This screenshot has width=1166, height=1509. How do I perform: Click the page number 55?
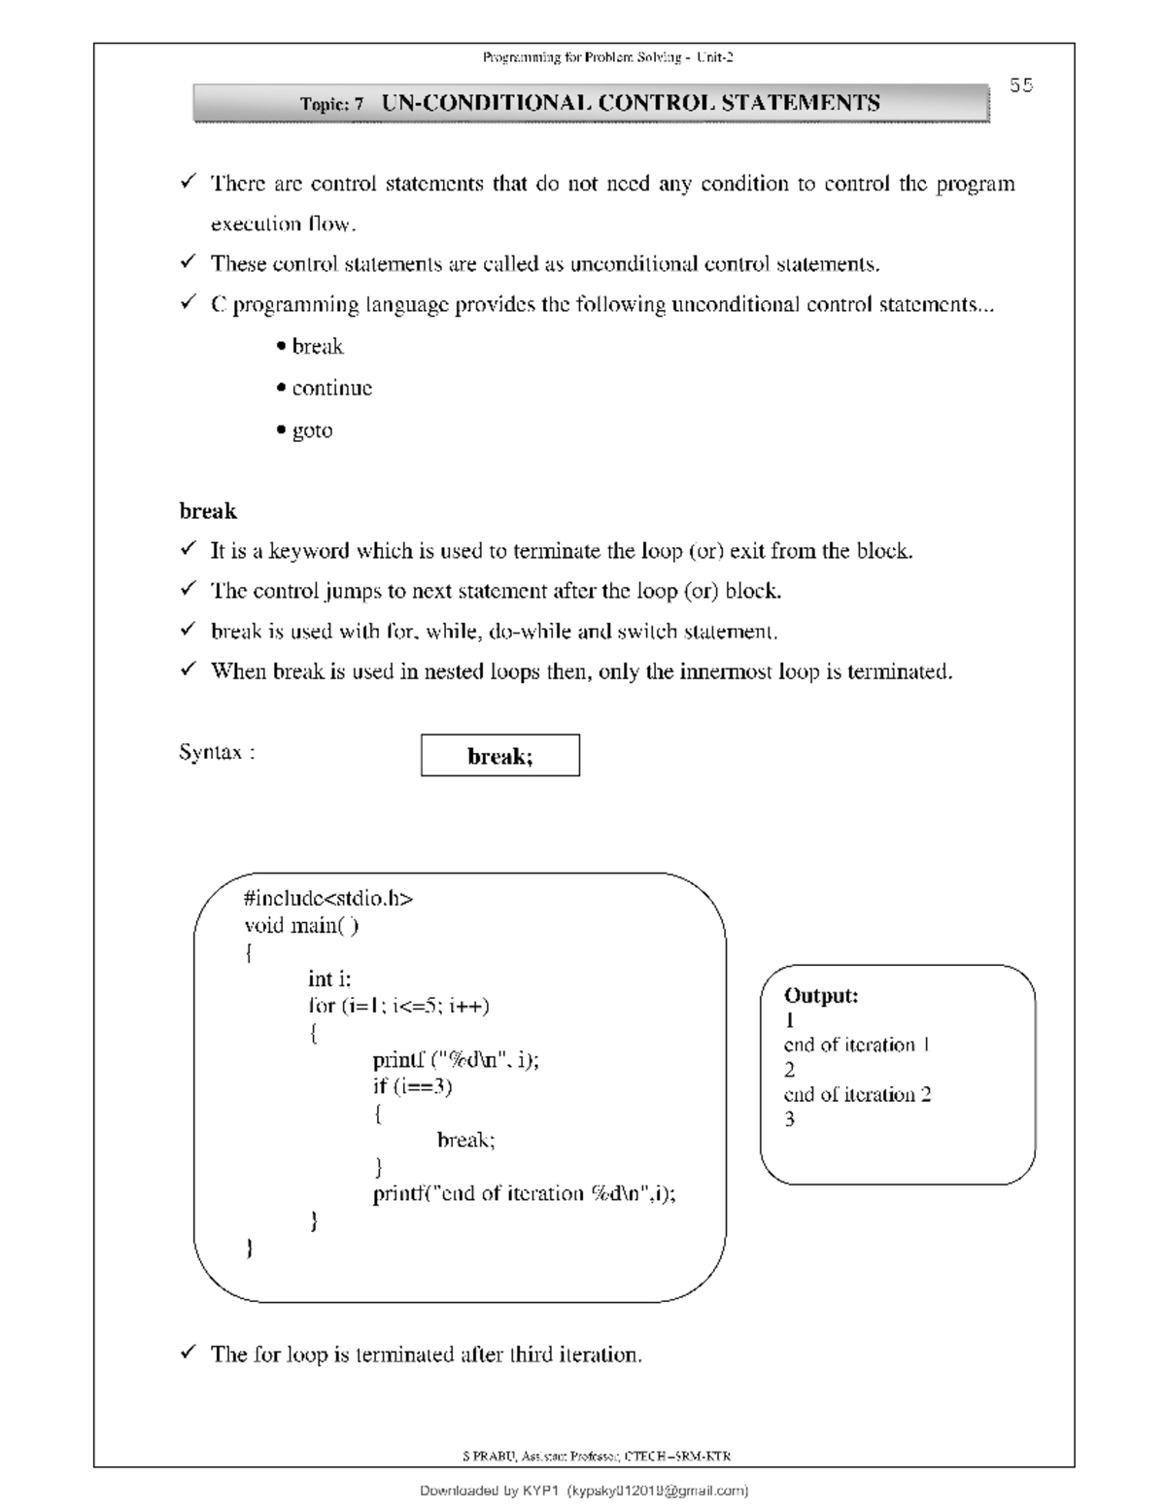click(1020, 86)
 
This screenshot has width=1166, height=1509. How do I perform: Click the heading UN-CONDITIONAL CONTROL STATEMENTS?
click(631, 103)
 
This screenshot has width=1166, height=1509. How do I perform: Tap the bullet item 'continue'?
click(331, 389)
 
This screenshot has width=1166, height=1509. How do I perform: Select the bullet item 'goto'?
click(312, 430)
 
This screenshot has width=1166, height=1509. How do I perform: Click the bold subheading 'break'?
click(208, 511)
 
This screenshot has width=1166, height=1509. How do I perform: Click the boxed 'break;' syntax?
click(499, 756)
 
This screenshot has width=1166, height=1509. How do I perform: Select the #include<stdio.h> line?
click(328, 898)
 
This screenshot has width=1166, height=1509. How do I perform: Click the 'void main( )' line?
click(301, 925)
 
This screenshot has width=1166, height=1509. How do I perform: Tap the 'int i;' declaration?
click(329, 979)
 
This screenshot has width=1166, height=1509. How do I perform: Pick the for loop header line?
click(398, 1006)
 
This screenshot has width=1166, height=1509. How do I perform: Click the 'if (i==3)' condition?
click(412, 1086)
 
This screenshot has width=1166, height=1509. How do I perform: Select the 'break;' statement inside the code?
click(465, 1140)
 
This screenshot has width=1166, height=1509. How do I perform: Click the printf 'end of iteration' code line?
click(524, 1194)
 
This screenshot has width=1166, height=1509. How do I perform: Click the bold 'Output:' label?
click(821, 995)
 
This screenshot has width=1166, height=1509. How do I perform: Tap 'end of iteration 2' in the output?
click(857, 1094)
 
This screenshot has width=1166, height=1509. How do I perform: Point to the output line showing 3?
click(789, 1119)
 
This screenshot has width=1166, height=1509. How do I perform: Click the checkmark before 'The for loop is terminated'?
click(189, 1353)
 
